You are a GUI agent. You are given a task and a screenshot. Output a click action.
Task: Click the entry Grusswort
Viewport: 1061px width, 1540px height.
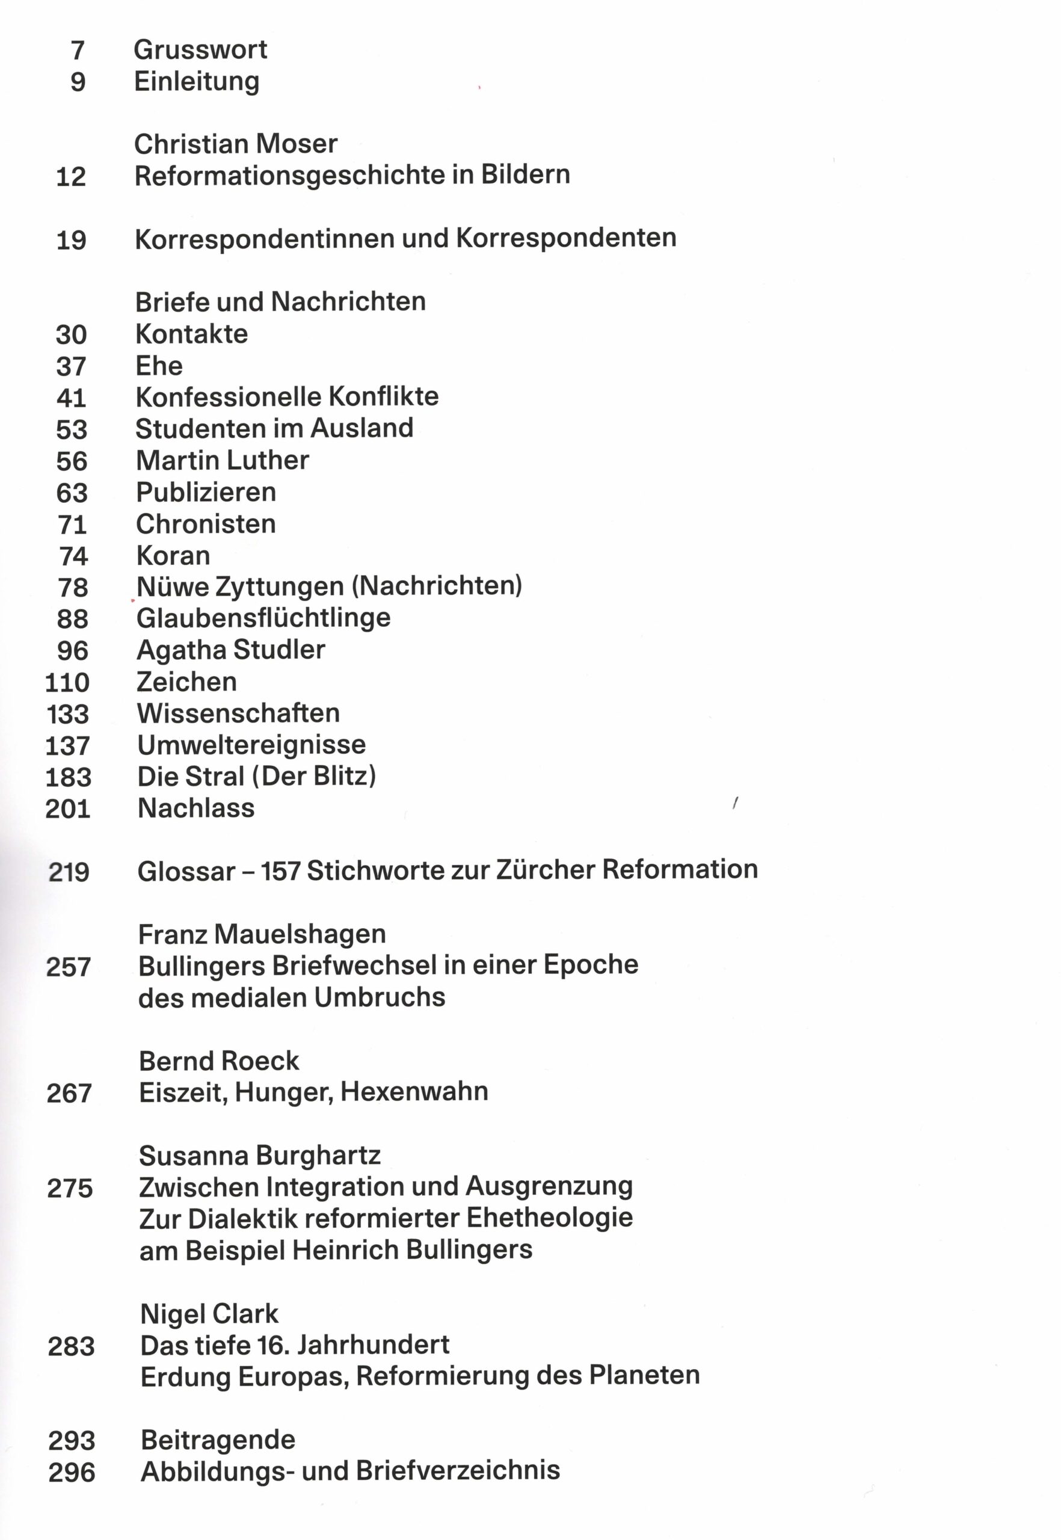click(x=200, y=50)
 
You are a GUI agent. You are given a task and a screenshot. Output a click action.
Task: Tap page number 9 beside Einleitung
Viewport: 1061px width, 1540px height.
click(x=78, y=82)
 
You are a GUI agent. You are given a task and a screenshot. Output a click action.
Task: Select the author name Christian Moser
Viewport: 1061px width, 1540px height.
click(x=235, y=144)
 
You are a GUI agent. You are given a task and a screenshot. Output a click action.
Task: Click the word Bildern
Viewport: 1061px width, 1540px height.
click(x=525, y=175)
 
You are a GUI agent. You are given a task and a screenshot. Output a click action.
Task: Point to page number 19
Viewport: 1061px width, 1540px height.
click(x=71, y=240)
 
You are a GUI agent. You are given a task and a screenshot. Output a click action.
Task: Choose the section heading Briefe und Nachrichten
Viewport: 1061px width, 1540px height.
click(x=280, y=302)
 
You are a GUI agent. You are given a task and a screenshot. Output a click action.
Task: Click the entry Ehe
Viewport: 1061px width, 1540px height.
click(x=159, y=366)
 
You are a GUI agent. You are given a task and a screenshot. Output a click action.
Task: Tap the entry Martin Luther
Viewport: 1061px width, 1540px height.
click(x=222, y=460)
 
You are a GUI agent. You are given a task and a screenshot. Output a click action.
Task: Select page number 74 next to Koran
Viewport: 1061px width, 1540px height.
click(x=73, y=556)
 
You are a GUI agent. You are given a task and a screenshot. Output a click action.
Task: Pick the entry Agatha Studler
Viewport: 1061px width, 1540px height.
click(x=231, y=650)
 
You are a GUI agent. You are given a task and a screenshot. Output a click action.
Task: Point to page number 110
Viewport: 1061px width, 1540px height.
click(x=67, y=682)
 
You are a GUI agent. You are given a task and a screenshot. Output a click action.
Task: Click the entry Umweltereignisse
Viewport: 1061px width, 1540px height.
click(x=251, y=745)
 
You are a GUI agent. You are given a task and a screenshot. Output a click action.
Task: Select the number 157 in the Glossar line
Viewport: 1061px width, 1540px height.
click(x=280, y=870)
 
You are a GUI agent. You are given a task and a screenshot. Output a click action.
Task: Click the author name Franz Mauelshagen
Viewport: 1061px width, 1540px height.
click(x=262, y=934)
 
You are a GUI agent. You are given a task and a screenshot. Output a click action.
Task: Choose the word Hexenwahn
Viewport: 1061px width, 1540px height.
click(x=414, y=1091)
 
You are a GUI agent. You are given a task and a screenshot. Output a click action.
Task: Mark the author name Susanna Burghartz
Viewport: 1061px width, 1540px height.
click(x=259, y=1156)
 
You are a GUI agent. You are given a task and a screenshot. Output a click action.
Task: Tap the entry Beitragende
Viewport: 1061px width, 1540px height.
click(x=218, y=1440)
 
